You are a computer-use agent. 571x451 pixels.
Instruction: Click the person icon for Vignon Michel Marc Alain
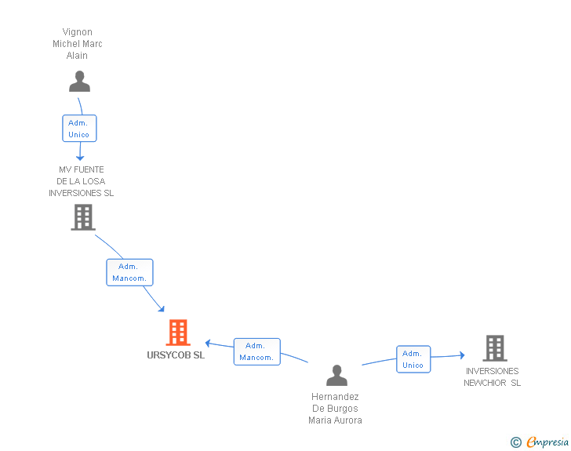click(79, 82)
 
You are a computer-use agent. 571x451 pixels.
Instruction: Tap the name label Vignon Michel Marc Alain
click(78, 44)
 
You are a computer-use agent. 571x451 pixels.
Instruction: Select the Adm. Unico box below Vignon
click(79, 129)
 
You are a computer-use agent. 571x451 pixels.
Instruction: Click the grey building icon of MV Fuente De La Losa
click(82, 217)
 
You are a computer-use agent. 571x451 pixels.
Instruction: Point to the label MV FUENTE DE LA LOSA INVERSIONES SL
click(81, 181)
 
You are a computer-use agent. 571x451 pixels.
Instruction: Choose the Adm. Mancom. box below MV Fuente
click(129, 272)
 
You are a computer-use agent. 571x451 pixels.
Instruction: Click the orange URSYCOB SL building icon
click(178, 333)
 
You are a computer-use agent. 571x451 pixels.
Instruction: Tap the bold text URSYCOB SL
click(176, 355)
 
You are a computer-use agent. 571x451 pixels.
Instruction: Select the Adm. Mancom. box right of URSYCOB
click(256, 351)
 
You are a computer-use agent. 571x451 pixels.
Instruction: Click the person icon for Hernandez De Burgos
click(336, 376)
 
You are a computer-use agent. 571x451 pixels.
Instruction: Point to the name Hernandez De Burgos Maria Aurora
click(335, 409)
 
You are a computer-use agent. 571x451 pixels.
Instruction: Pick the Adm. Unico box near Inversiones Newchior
click(413, 359)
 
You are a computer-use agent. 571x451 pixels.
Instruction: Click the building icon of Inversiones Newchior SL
click(494, 348)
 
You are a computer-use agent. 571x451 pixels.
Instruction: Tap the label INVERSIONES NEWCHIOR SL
click(492, 377)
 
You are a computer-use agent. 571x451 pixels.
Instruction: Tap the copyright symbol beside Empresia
click(516, 442)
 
